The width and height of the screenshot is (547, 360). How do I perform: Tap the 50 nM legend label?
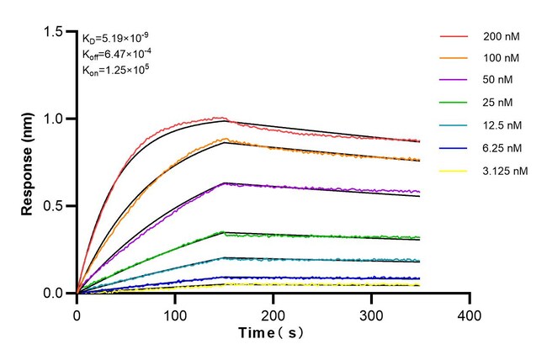tap(500, 82)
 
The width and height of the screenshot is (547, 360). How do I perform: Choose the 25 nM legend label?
tap(500, 103)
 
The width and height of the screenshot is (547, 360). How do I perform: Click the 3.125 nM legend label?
tap(505, 171)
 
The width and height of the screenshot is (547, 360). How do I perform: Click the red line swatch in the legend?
tap(454, 37)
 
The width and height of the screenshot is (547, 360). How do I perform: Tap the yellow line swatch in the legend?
tap(454, 171)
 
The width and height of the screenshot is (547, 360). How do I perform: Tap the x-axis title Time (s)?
tap(273, 333)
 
